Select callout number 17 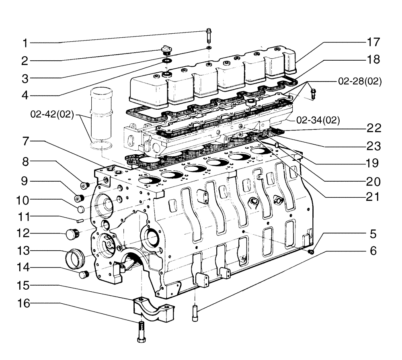click(373, 42)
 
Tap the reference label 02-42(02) click(52, 115)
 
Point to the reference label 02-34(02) click(318, 119)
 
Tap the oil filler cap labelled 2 click(165, 50)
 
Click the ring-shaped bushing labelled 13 click(75, 256)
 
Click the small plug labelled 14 click(84, 274)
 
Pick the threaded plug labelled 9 click(79, 198)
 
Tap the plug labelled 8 click(85, 185)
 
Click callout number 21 click(372, 197)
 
